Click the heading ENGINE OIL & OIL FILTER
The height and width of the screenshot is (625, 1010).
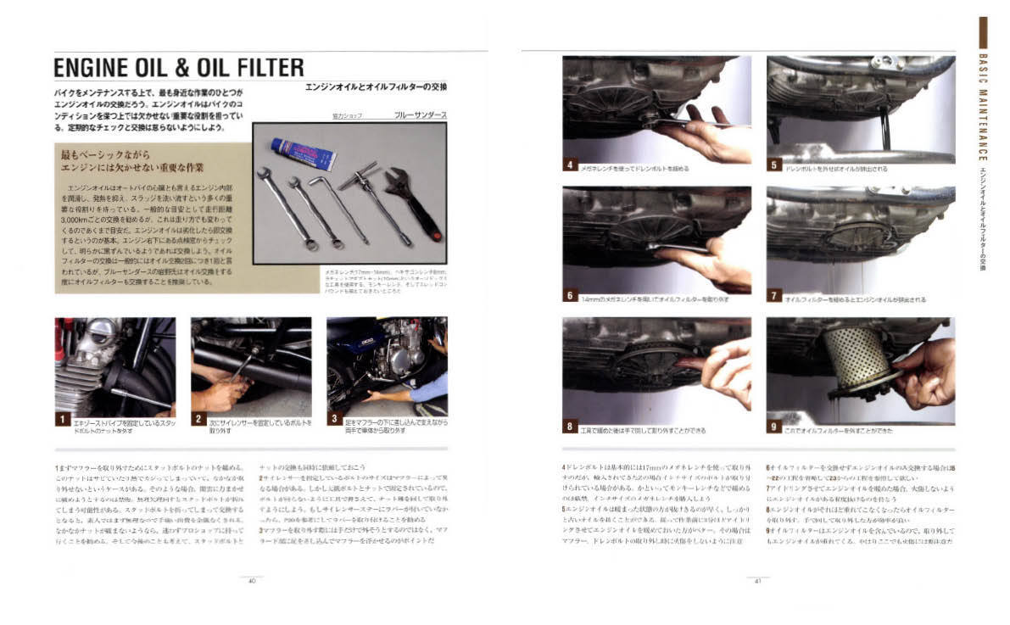tap(178, 67)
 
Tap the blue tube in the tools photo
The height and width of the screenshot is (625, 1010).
tap(303, 153)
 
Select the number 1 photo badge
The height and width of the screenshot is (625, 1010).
tap(62, 419)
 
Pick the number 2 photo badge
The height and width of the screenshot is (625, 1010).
tap(198, 419)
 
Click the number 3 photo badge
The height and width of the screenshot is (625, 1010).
tap(334, 419)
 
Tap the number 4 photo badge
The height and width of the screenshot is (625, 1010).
tap(571, 165)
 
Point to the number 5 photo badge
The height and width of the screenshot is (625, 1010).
tap(774, 165)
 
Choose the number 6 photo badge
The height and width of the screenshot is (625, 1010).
tap(571, 296)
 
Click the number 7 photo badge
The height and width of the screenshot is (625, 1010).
tap(774, 296)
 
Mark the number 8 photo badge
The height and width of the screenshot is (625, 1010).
tap(571, 427)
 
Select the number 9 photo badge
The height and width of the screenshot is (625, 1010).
tap(774, 427)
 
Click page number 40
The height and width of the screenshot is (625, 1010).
tap(252, 581)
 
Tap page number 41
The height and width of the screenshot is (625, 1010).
tap(757, 581)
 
